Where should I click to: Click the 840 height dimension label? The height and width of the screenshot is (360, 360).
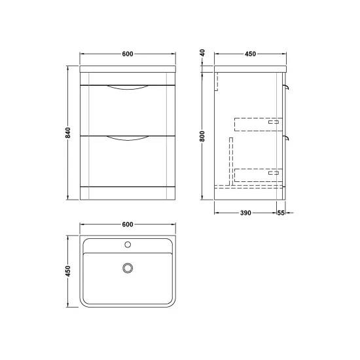(x=68, y=132)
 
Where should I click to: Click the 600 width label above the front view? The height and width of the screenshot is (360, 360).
(x=128, y=54)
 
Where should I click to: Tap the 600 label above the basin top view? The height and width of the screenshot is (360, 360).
(x=128, y=225)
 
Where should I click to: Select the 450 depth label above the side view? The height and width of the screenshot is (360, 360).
(x=250, y=54)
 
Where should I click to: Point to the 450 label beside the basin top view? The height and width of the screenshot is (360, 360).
(x=68, y=271)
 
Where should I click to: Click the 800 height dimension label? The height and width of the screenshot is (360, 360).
(x=202, y=136)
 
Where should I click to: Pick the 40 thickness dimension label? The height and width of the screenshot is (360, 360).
(x=202, y=53)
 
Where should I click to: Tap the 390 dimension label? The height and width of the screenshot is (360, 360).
(x=245, y=213)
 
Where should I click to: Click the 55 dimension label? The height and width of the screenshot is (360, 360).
(x=281, y=213)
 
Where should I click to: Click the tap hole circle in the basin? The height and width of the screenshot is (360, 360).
(x=128, y=245)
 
